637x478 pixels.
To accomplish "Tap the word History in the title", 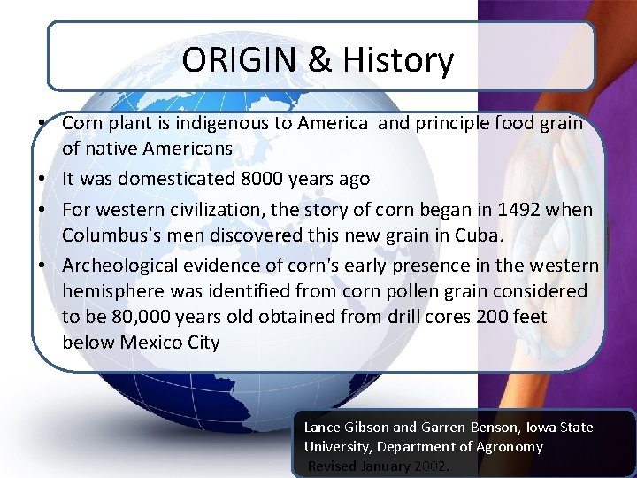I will [x=397, y=60].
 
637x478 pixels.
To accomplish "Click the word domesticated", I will [x=177, y=178].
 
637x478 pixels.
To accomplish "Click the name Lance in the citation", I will [x=322, y=427].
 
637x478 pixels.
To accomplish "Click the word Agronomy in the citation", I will [x=509, y=446].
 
